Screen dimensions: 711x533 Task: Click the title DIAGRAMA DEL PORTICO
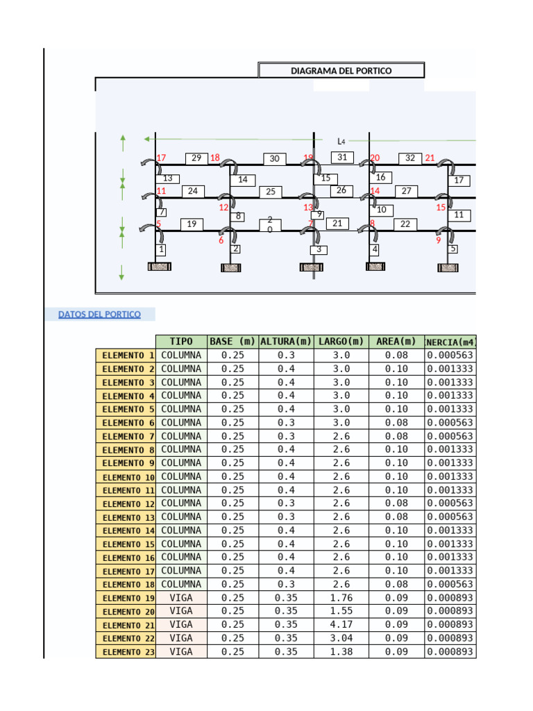(x=341, y=71)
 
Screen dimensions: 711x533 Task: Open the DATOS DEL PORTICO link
(x=99, y=315)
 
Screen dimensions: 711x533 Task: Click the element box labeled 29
(x=196, y=158)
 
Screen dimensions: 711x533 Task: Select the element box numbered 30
(x=275, y=159)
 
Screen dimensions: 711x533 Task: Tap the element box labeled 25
(x=271, y=192)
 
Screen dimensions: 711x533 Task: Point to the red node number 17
(x=162, y=158)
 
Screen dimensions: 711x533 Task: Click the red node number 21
(x=430, y=158)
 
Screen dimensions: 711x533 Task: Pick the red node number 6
(x=221, y=241)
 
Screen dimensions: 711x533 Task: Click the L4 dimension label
(x=341, y=142)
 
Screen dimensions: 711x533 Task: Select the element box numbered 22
(x=405, y=224)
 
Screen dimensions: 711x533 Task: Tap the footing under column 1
(x=160, y=267)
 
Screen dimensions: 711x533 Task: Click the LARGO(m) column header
(x=341, y=342)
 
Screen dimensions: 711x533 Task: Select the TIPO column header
(x=181, y=342)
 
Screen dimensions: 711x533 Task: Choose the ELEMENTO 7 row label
(x=126, y=436)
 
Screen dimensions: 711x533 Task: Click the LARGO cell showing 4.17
(x=341, y=624)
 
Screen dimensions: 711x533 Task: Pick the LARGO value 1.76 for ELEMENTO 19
(x=341, y=597)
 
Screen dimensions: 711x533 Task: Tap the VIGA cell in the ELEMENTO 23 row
(x=181, y=651)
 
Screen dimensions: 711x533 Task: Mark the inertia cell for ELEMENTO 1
(x=450, y=355)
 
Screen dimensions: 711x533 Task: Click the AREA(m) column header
(x=396, y=342)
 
